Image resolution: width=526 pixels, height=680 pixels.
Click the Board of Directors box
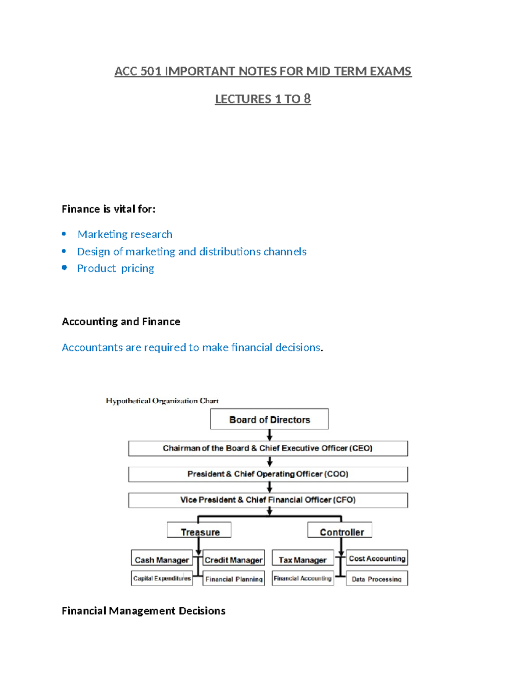click(x=269, y=419)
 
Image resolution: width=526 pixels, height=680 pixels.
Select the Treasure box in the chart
click(x=199, y=529)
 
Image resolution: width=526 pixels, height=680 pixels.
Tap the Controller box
click(x=340, y=529)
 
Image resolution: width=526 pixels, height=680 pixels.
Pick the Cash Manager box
click(x=162, y=557)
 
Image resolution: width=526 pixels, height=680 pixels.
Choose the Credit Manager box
click(x=233, y=557)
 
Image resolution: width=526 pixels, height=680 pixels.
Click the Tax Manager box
click(x=302, y=557)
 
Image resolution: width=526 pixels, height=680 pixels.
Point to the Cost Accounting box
click(x=377, y=557)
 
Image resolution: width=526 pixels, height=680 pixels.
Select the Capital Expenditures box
click(x=162, y=578)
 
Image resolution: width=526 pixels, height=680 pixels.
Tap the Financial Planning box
click(x=233, y=578)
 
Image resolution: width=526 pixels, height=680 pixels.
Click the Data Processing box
click(x=377, y=578)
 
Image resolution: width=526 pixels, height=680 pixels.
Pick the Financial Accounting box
click(x=302, y=578)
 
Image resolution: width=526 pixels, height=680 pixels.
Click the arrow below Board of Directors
click(x=270, y=435)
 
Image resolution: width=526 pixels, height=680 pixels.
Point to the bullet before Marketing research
click(x=64, y=234)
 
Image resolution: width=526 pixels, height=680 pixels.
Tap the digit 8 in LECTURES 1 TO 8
click(x=307, y=99)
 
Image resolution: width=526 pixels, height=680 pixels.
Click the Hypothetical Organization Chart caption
click(x=162, y=401)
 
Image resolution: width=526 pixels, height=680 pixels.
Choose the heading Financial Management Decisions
click(x=143, y=611)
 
